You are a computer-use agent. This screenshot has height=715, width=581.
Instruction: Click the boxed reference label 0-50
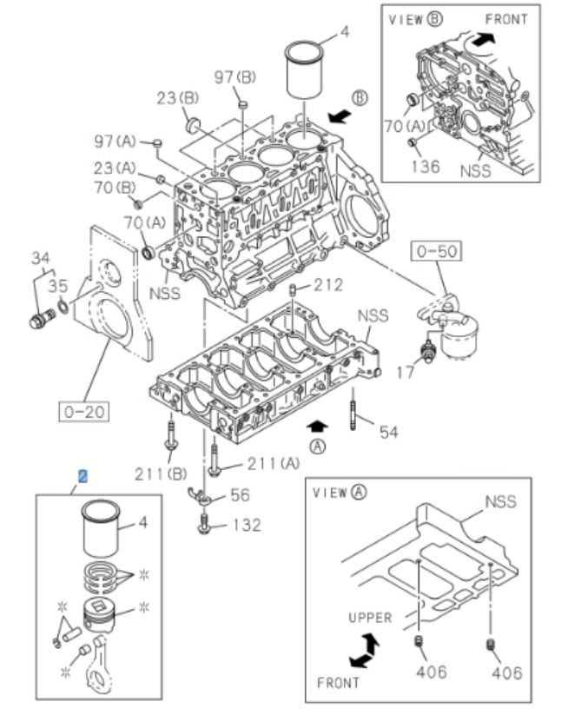click(436, 253)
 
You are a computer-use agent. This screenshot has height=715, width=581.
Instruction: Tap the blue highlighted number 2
click(83, 477)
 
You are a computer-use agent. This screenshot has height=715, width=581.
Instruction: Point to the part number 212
click(329, 284)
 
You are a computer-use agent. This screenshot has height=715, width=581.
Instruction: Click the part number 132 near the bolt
click(245, 526)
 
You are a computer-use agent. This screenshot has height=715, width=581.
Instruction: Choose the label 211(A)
click(272, 461)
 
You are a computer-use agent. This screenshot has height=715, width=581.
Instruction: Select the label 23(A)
click(116, 168)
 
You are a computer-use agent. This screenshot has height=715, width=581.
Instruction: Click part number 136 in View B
click(426, 165)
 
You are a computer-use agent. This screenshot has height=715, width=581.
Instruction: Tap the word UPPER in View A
click(371, 618)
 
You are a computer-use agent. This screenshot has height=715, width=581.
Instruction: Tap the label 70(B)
click(116, 186)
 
